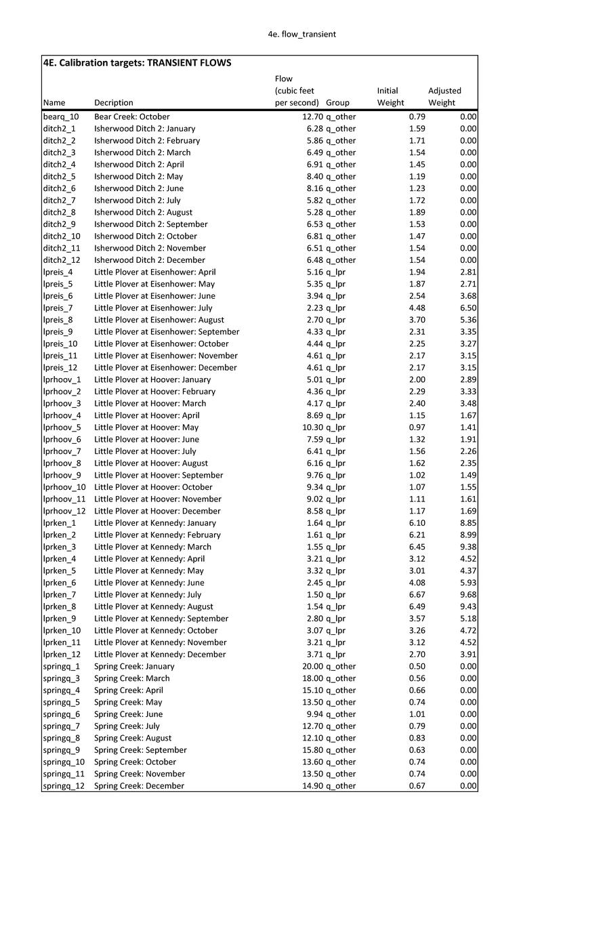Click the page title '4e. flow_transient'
[301, 34]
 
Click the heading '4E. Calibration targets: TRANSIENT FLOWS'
[137, 63]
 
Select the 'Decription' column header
[114, 103]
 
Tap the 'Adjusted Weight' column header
[444, 96]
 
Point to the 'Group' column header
[337, 103]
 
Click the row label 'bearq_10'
[61, 117]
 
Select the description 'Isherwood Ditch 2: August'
[143, 212]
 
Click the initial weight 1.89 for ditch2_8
[417, 212]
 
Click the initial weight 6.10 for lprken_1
[417, 523]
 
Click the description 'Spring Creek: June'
[128, 714]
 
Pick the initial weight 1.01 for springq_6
[417, 714]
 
